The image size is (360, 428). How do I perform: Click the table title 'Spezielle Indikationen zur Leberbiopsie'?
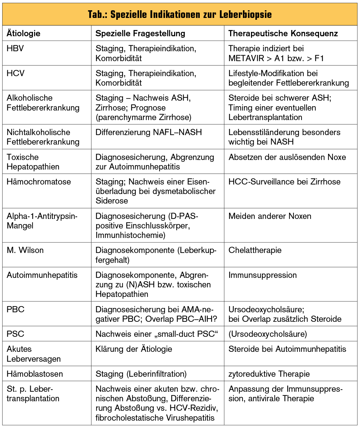click(180, 15)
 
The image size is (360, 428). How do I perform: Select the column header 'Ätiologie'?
click(23, 33)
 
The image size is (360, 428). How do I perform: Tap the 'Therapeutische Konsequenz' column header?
click(283, 33)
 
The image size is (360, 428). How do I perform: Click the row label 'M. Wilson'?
click(25, 250)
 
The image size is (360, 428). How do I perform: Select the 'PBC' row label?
click(15, 309)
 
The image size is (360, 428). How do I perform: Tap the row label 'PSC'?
click(15, 334)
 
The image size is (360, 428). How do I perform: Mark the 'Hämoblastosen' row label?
click(35, 374)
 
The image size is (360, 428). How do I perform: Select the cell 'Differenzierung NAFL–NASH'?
click(149, 132)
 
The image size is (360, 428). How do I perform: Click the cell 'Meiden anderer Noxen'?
click(270, 216)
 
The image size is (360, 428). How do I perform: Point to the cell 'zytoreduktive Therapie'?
click(269, 374)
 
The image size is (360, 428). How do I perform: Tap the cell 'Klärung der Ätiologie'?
click(134, 349)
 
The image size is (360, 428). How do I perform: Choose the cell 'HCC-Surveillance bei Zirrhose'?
click(284, 182)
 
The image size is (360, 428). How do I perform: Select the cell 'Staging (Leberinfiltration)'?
click(141, 374)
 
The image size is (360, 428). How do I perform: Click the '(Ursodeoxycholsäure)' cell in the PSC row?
click(267, 334)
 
